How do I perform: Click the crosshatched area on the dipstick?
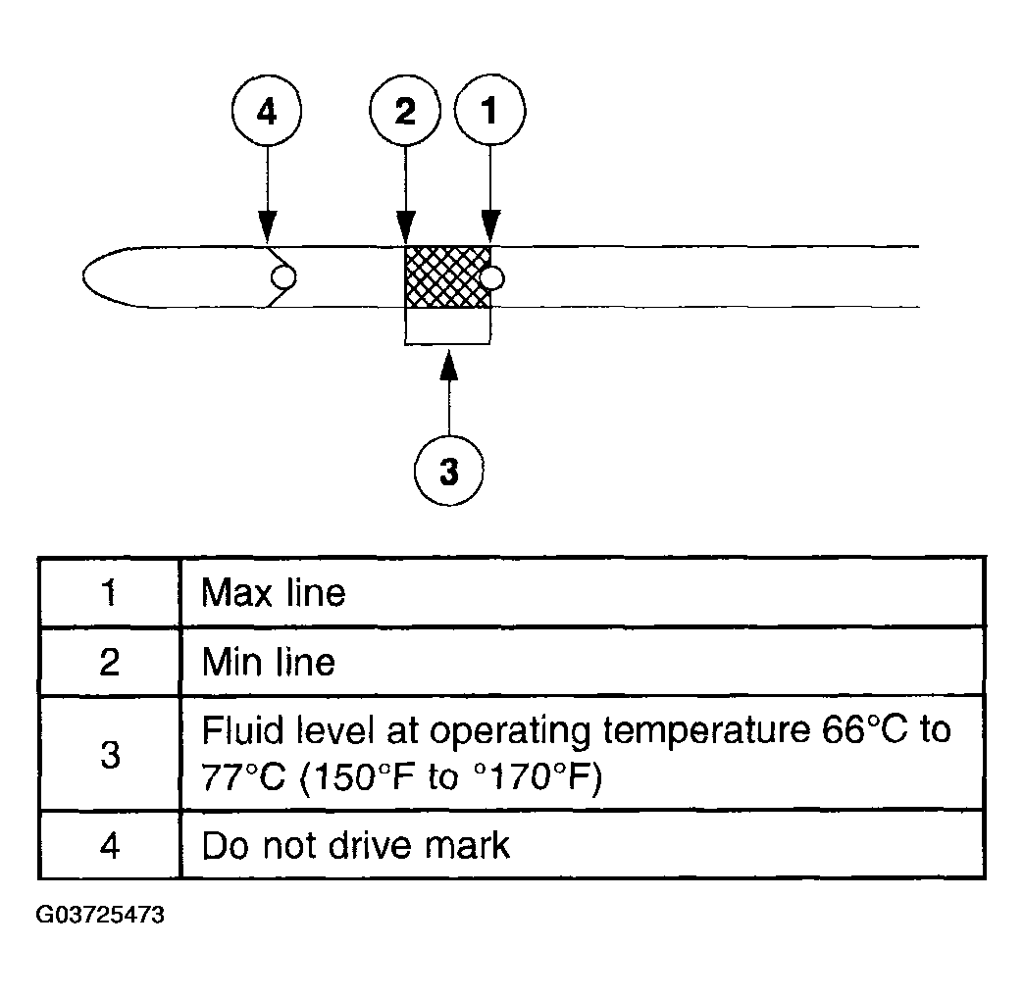[447, 276]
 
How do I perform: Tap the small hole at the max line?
[491, 278]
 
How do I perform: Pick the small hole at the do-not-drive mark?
[283, 276]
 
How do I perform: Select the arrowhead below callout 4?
[267, 225]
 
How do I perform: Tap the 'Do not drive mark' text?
[355, 846]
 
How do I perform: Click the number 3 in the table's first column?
[111, 755]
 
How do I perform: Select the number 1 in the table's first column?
[109, 593]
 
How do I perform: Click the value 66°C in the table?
[865, 730]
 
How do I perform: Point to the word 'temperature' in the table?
[706, 731]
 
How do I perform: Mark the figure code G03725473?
[100, 915]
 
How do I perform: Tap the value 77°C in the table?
[243, 777]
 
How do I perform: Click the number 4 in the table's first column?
[110, 846]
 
